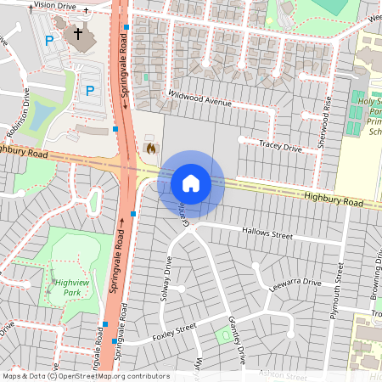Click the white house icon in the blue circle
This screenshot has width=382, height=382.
point(191,183)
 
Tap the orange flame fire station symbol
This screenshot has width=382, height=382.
point(151,149)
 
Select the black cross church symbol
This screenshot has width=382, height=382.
point(77,34)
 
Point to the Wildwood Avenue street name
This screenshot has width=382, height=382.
point(199,98)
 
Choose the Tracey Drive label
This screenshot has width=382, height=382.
point(281,147)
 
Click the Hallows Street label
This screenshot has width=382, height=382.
point(267,232)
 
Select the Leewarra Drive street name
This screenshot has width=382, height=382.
point(295,282)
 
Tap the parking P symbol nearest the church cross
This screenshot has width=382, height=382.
point(49,40)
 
